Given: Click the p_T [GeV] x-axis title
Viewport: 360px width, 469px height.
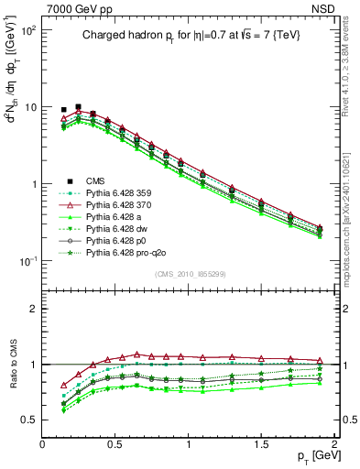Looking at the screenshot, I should (312, 456).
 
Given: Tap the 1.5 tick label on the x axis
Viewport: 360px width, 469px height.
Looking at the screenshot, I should (261, 442).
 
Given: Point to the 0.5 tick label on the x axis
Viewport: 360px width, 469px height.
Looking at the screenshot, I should (115, 442).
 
